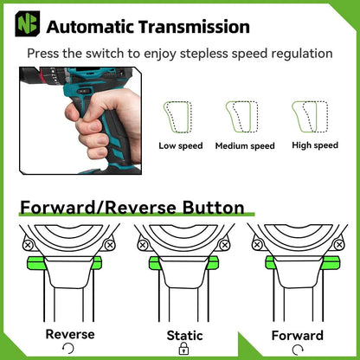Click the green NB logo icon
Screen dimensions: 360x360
[x=28, y=23]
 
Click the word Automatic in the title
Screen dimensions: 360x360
[x=90, y=27]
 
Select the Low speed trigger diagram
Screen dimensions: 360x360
[x=177, y=117]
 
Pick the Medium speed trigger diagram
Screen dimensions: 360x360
[x=241, y=117]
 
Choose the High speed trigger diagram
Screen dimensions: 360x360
[x=310, y=117]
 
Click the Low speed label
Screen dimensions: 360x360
[x=181, y=145]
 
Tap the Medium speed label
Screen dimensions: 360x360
[x=245, y=145]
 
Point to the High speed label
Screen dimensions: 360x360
[x=315, y=145]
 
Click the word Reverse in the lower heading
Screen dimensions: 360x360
[x=140, y=208]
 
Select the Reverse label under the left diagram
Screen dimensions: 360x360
[x=70, y=334]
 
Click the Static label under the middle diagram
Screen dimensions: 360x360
[x=184, y=336]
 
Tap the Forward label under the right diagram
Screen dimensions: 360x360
[x=298, y=336]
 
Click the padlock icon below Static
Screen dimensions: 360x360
[x=183, y=349]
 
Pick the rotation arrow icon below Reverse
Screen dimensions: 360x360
[x=68, y=349]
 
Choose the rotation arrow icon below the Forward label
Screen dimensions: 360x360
[x=298, y=350]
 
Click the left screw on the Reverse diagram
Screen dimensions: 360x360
[x=28, y=246]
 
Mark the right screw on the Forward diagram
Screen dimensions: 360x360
[x=339, y=245]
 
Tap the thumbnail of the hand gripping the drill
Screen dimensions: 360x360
[x=80, y=120]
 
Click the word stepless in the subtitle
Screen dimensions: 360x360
[x=204, y=54]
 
